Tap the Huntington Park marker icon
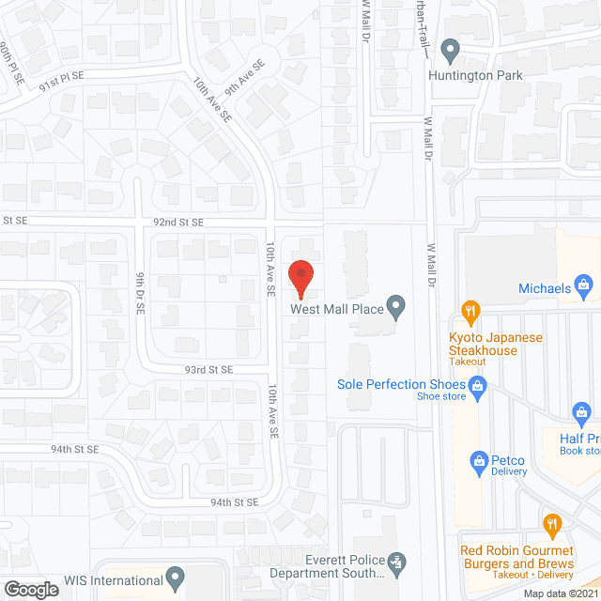click(451, 49)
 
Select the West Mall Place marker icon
click(397, 305)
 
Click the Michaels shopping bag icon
click(583, 282)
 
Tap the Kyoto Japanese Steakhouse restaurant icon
click(470, 310)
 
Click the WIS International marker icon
click(175, 575)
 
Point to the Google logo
click(31, 589)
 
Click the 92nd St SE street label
click(178, 223)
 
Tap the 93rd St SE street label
click(208, 370)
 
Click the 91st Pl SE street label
click(60, 85)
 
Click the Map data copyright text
click(561, 593)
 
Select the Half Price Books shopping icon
click(581, 412)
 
